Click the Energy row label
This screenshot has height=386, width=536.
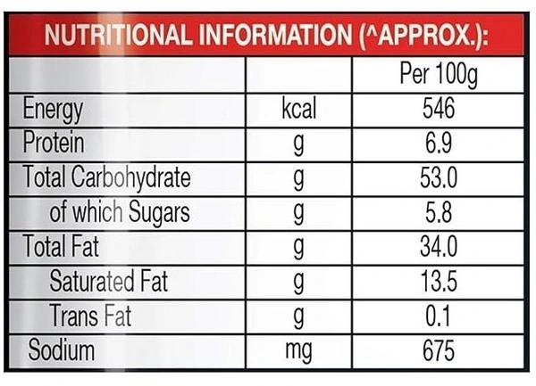(x=53, y=111)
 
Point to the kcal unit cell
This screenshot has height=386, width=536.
(x=298, y=111)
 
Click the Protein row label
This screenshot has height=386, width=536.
(x=53, y=144)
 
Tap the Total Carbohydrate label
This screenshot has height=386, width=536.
(x=106, y=177)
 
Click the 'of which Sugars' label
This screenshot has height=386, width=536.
(x=120, y=212)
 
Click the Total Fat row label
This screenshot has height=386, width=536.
(x=61, y=247)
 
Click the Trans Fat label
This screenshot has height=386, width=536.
(x=91, y=316)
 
